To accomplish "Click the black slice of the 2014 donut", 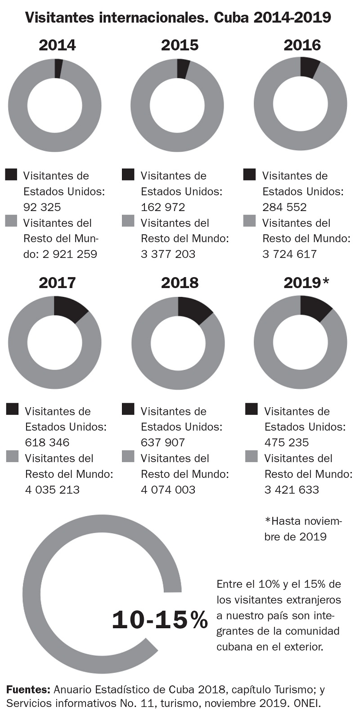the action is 58,68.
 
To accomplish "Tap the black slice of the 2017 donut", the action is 69,309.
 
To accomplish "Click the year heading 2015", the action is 180,45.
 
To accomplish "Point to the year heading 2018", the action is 180,283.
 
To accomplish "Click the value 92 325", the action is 42,207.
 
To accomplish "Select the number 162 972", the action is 163,207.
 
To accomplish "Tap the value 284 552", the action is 284,207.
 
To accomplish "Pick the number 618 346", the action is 47,442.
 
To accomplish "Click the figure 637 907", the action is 163,442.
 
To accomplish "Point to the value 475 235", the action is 286,442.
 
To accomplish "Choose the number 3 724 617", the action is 290,254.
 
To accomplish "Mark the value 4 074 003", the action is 168,490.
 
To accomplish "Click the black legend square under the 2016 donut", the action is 249,175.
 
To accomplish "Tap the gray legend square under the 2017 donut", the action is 12,456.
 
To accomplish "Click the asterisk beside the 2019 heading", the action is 326,282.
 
